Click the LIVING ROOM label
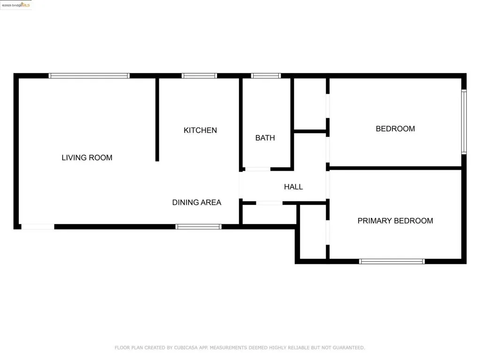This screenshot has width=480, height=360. pos(87,157)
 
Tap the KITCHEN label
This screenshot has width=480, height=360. pos(200,130)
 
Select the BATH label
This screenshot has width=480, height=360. pos(265,138)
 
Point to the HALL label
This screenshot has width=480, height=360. pos(293,187)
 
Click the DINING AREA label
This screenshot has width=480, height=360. pos(196,202)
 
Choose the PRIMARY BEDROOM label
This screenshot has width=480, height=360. pos(395,221)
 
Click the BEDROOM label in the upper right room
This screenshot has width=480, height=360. pos(395,129)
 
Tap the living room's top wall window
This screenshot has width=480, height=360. pos(89,75)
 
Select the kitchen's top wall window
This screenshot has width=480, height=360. pos(199,75)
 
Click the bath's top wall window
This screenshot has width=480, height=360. pos(266,75)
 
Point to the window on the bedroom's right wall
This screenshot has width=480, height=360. pos(464,122)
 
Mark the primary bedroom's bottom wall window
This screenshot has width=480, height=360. pos(392,261)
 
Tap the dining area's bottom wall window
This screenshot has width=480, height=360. pos(198,226)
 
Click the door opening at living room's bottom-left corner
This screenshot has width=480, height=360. pos(38,227)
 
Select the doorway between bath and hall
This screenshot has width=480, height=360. pos(257,169)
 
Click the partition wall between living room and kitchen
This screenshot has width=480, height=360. pos(157,120)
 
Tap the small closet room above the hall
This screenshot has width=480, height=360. pos(310,104)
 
